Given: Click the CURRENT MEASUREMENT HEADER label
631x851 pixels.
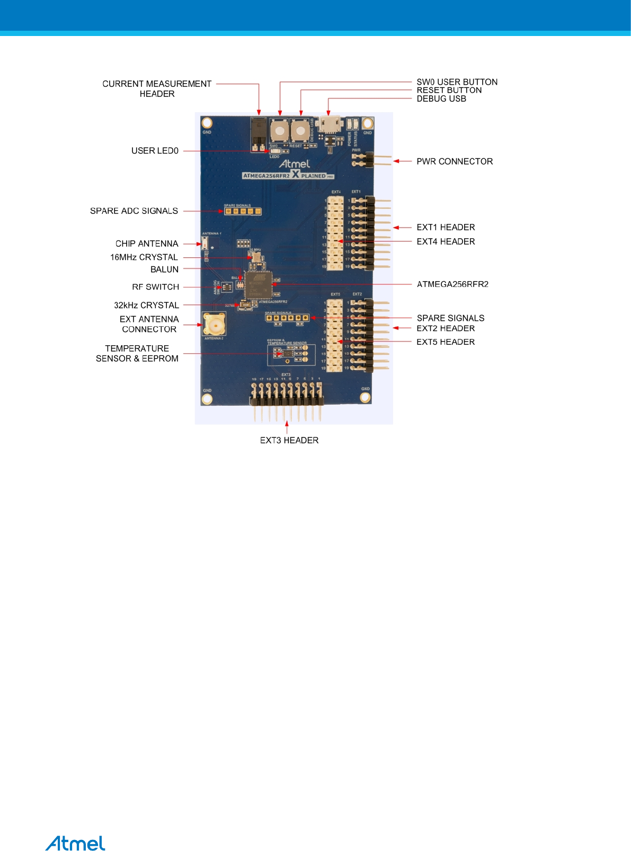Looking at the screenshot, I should coord(157,88).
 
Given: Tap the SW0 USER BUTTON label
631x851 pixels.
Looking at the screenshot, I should coord(457,82).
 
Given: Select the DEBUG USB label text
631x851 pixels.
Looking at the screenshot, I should coord(441,98).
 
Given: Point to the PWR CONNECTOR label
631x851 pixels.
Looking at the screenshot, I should coord(454,162).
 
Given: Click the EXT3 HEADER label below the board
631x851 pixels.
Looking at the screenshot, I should coord(289,440).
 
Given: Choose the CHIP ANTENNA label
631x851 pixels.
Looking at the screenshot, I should coord(147,244).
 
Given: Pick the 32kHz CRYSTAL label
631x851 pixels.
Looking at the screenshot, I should coord(146,305).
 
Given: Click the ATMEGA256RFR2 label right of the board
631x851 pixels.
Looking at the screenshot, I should coord(452,284).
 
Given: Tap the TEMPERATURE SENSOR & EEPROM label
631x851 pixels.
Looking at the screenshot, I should coord(137,353).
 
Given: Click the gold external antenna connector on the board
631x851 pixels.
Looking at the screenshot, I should coord(215,324).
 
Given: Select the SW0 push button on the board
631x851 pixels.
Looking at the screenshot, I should coord(279,131).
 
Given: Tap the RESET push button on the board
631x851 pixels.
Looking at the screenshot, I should coord(300,131).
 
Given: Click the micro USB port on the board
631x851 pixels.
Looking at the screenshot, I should coord(329,125).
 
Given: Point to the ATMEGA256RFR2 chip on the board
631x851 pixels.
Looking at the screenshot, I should coord(259,284).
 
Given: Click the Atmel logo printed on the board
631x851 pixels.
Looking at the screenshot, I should coord(295,164).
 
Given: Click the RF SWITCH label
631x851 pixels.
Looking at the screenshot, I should coord(155,287).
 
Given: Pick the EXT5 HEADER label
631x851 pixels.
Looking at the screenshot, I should coord(446,342).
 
